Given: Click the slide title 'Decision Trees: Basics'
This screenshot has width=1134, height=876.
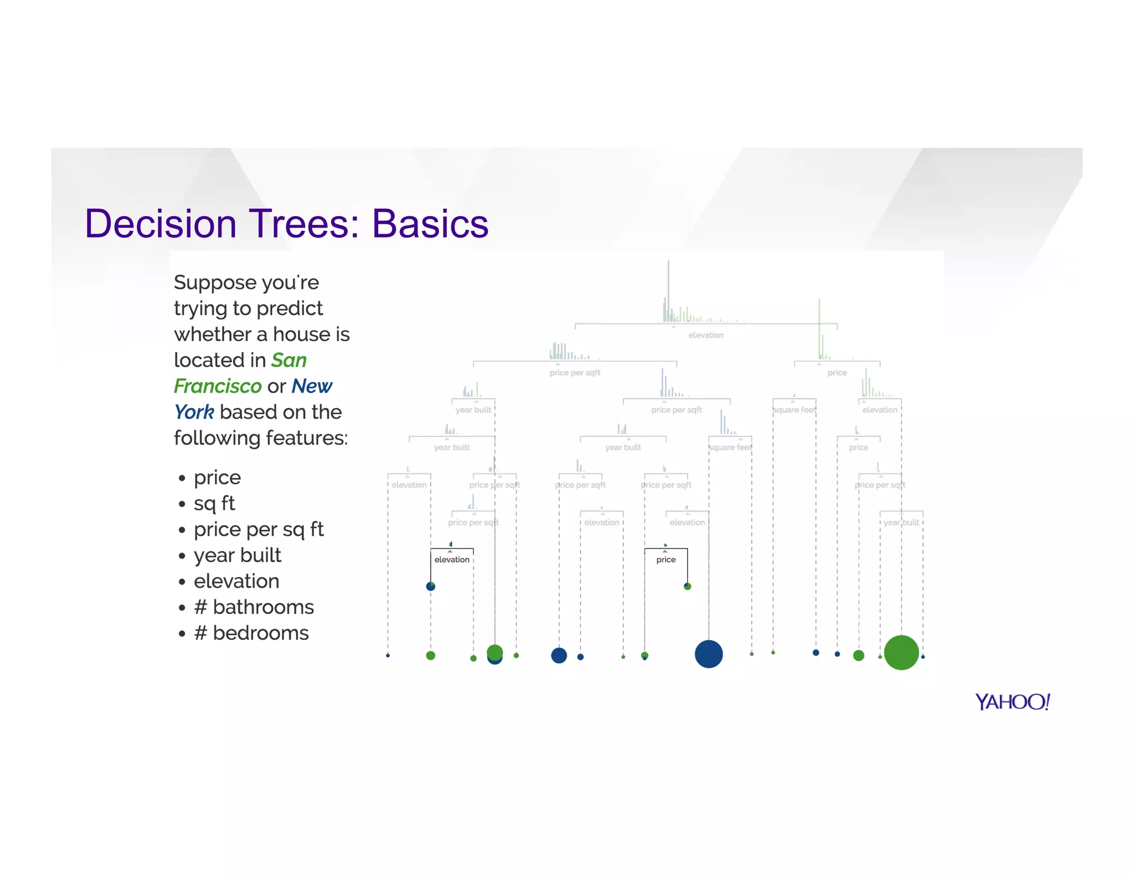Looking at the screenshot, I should click(x=286, y=224).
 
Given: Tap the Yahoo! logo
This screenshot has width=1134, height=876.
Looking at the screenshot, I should click(x=1012, y=702).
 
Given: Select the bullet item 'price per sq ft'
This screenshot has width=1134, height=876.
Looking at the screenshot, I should click(x=258, y=529).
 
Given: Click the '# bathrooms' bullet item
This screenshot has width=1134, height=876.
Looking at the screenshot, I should click(x=254, y=607).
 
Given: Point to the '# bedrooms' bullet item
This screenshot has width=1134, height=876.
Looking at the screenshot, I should click(x=251, y=633).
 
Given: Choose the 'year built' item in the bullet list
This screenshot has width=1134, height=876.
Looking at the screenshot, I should click(x=237, y=555).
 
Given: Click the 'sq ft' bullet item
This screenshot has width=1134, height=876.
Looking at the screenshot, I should click(x=214, y=503).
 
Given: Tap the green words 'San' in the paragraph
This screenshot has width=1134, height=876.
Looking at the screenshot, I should click(x=288, y=360).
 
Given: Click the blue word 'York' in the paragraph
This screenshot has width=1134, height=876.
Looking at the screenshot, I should click(x=194, y=412).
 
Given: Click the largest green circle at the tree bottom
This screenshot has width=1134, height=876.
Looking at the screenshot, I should click(x=901, y=652).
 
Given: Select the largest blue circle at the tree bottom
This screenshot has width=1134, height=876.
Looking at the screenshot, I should click(x=708, y=654).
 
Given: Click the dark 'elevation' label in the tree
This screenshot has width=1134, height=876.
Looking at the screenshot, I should click(x=452, y=560).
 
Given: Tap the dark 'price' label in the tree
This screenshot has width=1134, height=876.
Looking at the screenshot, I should click(x=666, y=560).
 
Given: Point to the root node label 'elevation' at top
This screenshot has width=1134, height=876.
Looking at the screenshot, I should click(x=705, y=335).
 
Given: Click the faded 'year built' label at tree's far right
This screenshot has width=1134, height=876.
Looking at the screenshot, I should click(x=901, y=522).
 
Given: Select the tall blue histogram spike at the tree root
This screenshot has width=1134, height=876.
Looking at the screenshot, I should click(x=668, y=288).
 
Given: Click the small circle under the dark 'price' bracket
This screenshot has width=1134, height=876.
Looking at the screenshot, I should click(x=687, y=586).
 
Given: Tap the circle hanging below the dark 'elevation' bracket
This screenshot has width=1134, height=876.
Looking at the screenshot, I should click(x=431, y=586).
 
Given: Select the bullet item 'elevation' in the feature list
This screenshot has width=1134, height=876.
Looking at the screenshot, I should click(x=236, y=581).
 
